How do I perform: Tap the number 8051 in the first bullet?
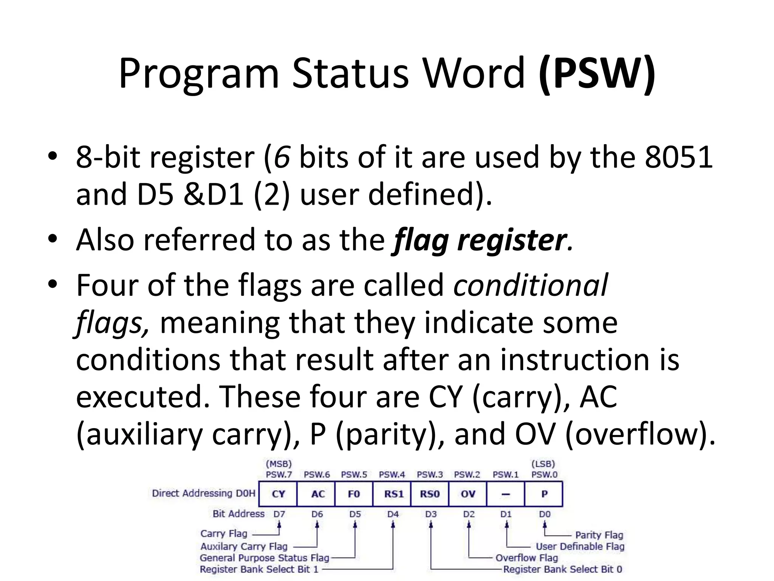[678, 157]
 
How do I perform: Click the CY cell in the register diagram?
[278, 494]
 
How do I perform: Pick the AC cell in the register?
[317, 494]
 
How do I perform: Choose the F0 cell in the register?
[354, 494]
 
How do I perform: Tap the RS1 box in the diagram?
[393, 494]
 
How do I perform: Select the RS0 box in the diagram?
[430, 494]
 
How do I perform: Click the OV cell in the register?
[468, 494]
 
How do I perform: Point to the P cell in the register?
[544, 494]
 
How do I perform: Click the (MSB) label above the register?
[279, 464]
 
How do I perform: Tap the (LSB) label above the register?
[543, 464]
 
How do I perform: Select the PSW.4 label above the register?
[392, 475]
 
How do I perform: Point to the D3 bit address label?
[431, 514]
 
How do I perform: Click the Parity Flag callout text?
[599, 535]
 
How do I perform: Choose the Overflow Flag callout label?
[526, 558]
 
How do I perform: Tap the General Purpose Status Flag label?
[265, 558]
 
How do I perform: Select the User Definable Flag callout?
[580, 547]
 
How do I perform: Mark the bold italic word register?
[512, 240]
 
